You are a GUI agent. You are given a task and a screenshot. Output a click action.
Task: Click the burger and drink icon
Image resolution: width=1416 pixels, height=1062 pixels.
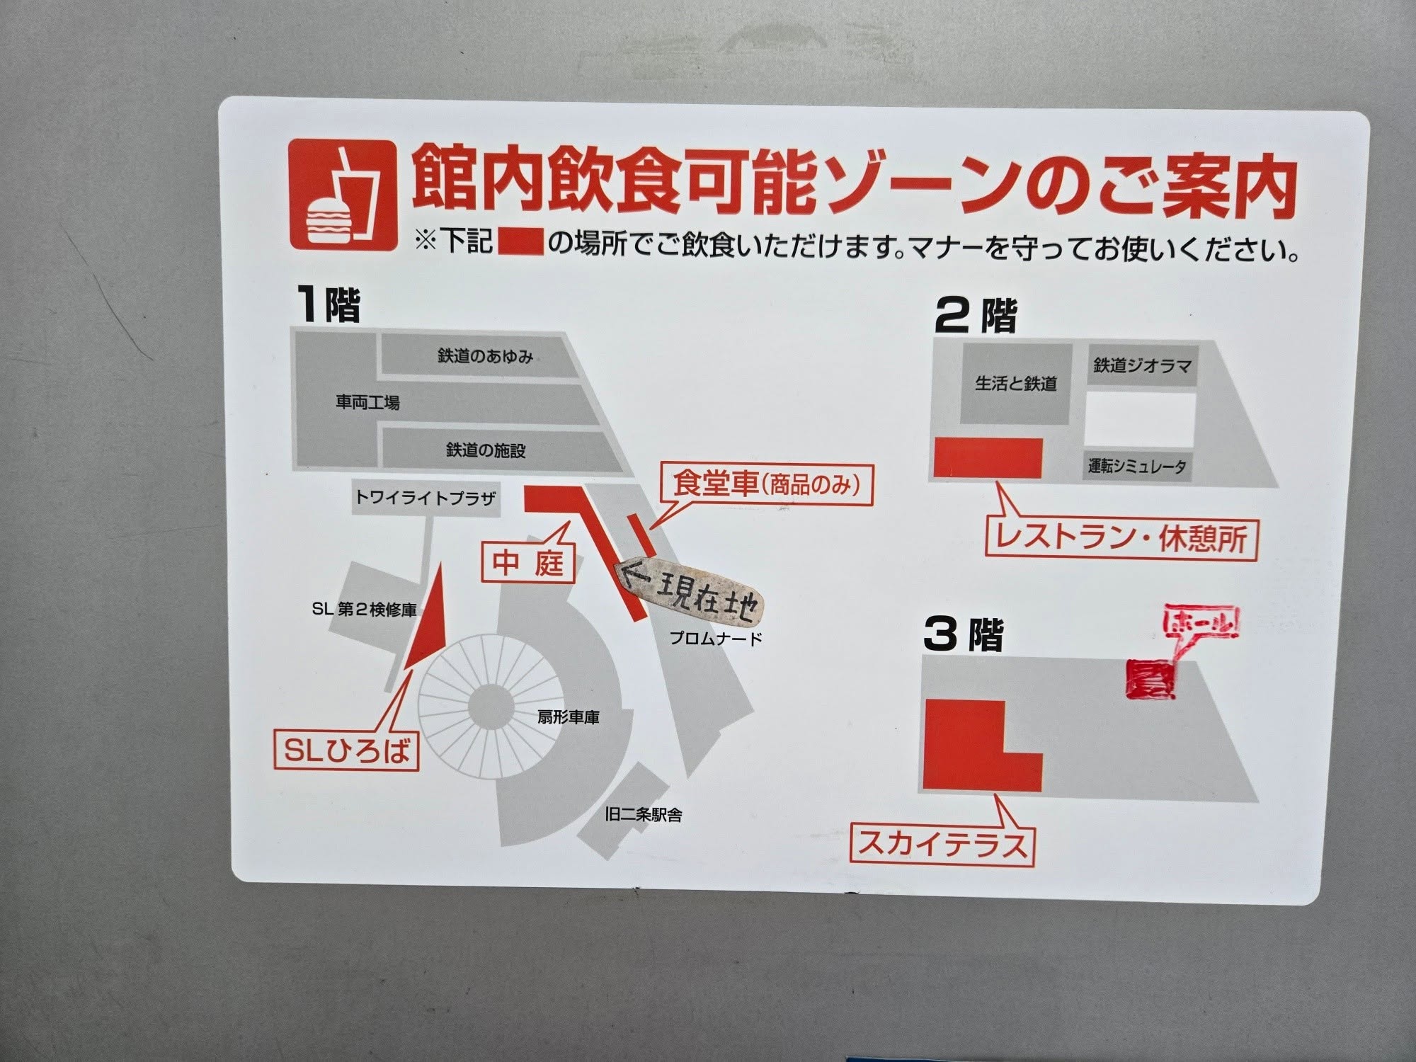[x=343, y=195]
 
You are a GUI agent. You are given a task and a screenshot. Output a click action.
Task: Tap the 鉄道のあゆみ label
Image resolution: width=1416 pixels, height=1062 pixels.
[x=486, y=357]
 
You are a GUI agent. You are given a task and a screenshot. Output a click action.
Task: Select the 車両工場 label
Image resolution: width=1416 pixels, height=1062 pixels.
[x=367, y=403]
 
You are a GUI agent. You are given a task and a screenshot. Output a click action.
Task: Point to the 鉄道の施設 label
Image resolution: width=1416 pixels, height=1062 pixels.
[x=486, y=450]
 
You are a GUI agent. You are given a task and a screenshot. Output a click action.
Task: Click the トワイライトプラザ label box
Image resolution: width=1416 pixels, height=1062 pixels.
[x=425, y=498]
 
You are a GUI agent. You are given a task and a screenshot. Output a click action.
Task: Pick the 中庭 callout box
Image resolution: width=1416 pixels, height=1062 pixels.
[x=528, y=563]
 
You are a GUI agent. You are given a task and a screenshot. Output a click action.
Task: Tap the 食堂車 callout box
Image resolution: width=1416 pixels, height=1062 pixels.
[x=767, y=485]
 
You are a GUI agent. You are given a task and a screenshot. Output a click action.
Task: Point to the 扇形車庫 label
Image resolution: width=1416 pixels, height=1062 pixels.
[x=569, y=717]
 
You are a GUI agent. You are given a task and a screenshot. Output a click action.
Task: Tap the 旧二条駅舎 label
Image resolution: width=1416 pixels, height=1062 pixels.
[x=644, y=815]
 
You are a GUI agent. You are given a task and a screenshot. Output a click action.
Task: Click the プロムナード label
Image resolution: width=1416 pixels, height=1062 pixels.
[x=716, y=639]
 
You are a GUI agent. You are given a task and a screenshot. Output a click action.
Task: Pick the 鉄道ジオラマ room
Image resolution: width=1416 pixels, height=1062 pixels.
[x=1142, y=366]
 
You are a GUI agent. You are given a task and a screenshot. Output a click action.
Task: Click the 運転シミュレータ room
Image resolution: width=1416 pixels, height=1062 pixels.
[x=1138, y=467]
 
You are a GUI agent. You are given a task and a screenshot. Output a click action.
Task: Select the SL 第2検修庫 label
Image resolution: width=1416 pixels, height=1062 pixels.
[x=364, y=609]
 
